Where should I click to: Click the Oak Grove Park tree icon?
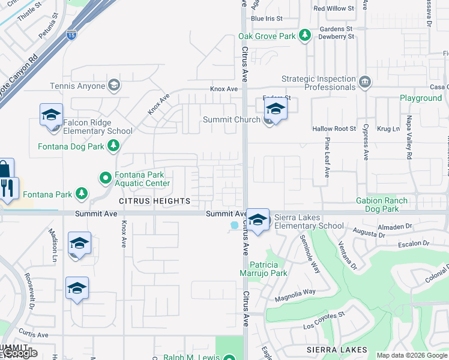pyautogui.click(x=305, y=36)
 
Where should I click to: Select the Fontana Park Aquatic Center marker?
pyautogui.click(x=106, y=177)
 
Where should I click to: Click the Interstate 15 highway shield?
pyautogui.click(x=71, y=35)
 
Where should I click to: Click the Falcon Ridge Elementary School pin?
pyautogui.click(x=52, y=115)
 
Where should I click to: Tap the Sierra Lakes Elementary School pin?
pyautogui.click(x=258, y=220)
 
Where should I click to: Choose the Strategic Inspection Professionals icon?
pyautogui.click(x=364, y=82)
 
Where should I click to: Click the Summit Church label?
pyautogui.click(x=231, y=119)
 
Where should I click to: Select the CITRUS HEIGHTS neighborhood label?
pyautogui.click(x=154, y=201)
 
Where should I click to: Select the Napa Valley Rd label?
pyautogui.click(x=409, y=138)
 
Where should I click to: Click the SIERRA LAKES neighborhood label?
pyautogui.click(x=336, y=350)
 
